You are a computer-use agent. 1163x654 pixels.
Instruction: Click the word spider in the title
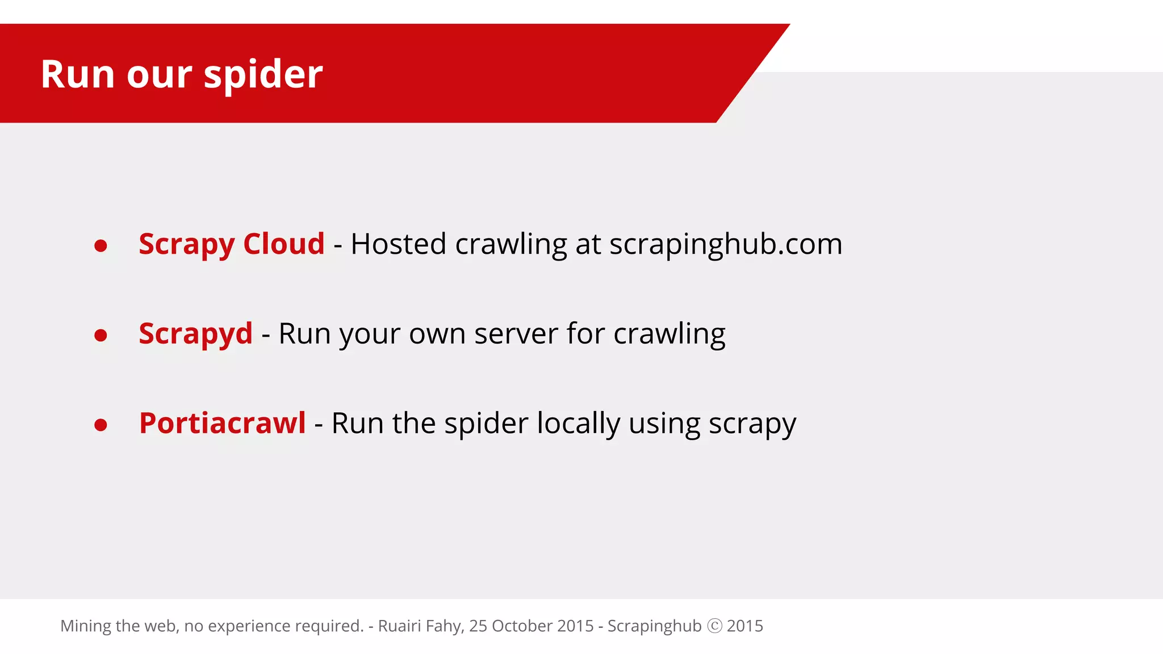(x=263, y=75)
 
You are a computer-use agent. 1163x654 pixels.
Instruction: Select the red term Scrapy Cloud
(x=232, y=244)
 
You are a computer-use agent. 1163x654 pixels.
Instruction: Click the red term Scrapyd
(x=195, y=334)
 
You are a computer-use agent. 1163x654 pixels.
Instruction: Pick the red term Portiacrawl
(x=222, y=423)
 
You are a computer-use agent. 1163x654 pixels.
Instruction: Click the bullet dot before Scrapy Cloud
(x=101, y=246)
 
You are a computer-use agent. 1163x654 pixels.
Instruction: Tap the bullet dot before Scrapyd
(x=101, y=336)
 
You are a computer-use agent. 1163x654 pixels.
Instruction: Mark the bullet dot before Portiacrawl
(x=101, y=425)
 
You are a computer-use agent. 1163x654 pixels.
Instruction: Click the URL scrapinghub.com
(x=726, y=244)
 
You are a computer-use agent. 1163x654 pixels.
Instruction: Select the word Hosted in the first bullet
(x=399, y=244)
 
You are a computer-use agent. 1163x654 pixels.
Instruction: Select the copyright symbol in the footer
(x=714, y=626)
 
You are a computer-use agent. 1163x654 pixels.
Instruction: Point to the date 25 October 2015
(x=531, y=626)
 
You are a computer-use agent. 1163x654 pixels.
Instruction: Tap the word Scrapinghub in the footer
(x=654, y=626)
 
